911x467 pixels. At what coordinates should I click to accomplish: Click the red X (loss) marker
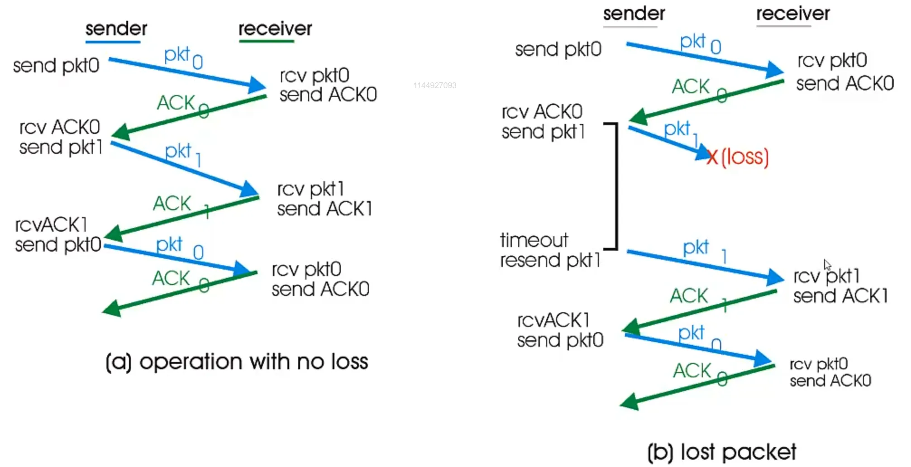coord(712,157)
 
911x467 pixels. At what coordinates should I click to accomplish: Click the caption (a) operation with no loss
coord(237,362)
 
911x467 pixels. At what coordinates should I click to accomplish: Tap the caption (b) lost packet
coord(721,452)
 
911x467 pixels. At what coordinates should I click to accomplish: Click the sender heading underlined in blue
coord(116,29)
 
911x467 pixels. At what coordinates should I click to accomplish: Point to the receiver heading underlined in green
coord(275,29)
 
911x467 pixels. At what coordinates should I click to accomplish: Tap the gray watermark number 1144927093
coord(434,86)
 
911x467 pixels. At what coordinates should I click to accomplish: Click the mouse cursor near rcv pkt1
coord(827,265)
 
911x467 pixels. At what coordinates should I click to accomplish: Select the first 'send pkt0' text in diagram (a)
coord(56,66)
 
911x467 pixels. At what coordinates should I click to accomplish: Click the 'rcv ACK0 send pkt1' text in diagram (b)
coord(543,122)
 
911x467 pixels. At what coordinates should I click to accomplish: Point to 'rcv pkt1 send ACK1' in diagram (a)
coord(324,199)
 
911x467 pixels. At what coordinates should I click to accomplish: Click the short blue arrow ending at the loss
coord(665,142)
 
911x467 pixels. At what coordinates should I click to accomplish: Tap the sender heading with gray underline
coord(634,14)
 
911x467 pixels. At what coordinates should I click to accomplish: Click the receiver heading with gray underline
coord(793,14)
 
